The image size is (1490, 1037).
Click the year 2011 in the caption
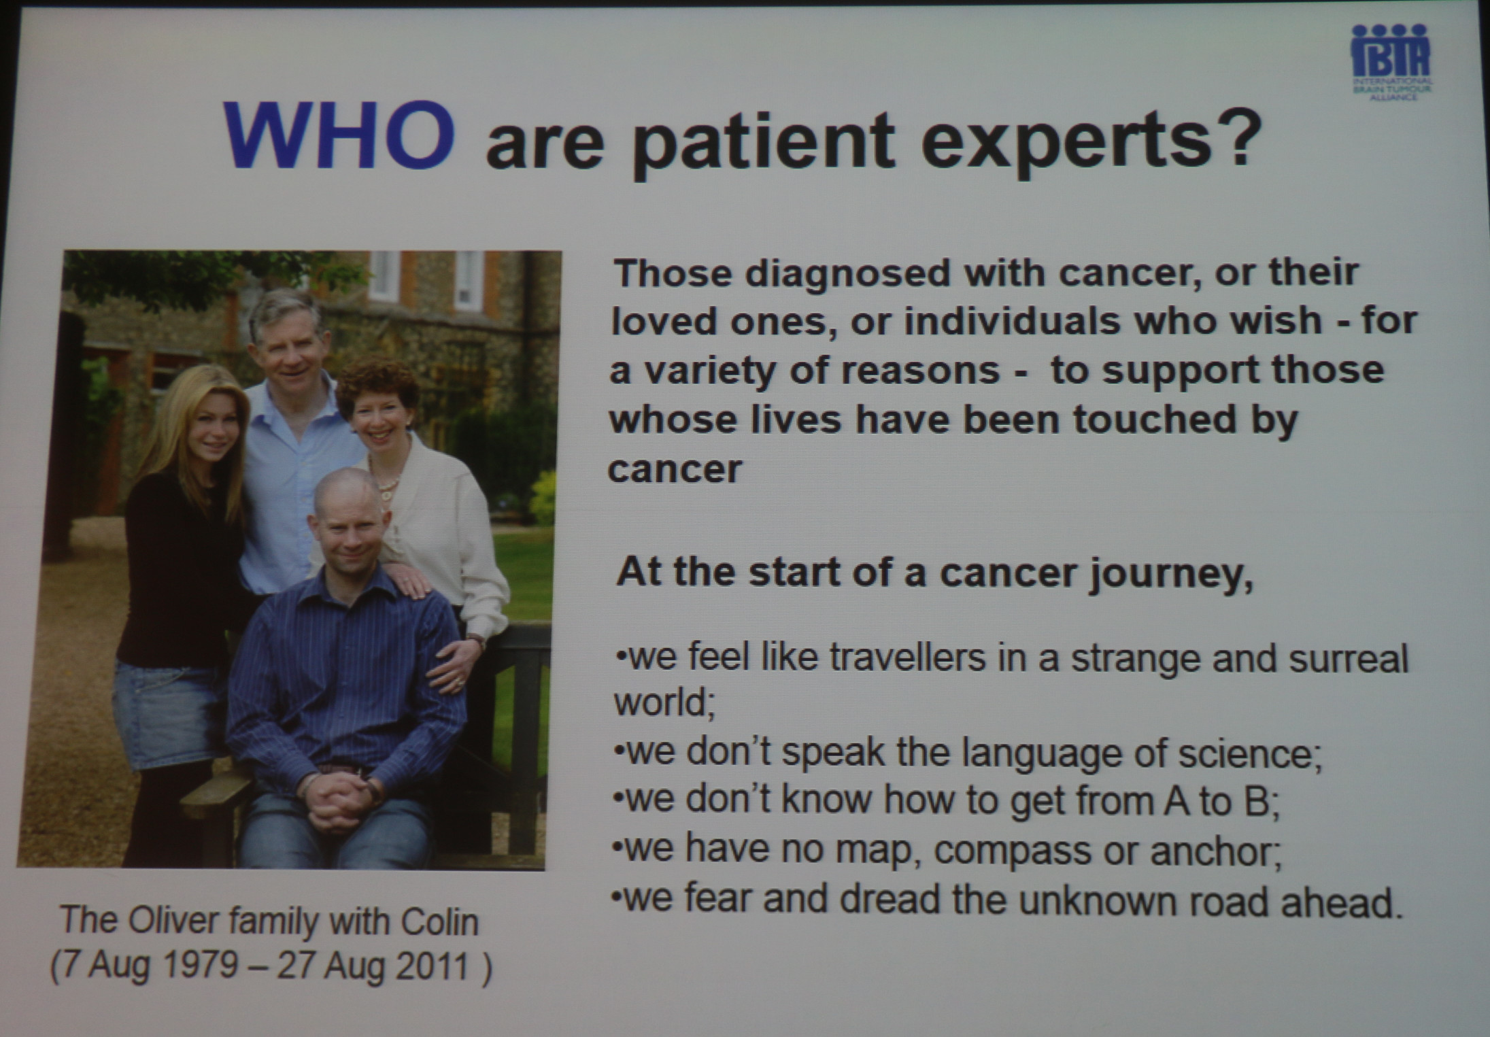tap(433, 967)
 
